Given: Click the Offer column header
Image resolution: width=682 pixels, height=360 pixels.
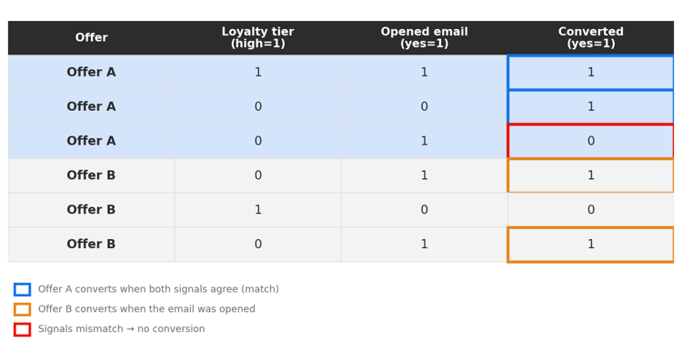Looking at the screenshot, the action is click(91, 37).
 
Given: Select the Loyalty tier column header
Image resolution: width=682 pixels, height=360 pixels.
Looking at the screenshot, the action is click(258, 37).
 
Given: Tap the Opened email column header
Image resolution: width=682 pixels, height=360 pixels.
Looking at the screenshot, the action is click(424, 37).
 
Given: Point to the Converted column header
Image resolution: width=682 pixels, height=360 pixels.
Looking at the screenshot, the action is click(591, 37).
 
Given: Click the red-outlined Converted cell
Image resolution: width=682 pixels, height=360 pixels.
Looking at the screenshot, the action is click(591, 141).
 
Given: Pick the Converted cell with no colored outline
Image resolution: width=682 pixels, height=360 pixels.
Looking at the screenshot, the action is click(591, 210).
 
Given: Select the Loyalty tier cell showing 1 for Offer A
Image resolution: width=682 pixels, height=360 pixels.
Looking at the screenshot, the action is click(258, 72).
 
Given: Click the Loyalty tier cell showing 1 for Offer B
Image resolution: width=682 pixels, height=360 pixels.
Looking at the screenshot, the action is click(258, 210).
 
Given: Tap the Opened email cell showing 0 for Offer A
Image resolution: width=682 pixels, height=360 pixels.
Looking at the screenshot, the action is click(424, 106).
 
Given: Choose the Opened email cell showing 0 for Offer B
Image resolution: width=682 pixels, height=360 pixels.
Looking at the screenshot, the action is click(424, 210).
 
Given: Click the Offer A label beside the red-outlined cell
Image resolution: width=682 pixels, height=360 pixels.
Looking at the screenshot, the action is click(91, 141).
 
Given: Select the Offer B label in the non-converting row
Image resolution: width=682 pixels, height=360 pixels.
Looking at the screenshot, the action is click(91, 210).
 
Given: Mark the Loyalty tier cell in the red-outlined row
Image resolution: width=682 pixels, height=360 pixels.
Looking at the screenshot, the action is click(258, 141).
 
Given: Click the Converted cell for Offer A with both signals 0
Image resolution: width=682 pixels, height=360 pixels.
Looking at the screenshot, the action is click(591, 106).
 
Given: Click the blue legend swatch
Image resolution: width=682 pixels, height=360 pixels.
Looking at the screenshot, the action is click(22, 290).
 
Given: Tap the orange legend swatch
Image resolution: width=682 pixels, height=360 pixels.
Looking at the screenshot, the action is click(22, 310).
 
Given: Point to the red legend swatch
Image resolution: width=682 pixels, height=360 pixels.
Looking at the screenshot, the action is click(22, 330).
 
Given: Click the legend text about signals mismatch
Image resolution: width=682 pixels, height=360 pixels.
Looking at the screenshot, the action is click(121, 329).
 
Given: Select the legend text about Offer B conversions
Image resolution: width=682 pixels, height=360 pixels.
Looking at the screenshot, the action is click(146, 309).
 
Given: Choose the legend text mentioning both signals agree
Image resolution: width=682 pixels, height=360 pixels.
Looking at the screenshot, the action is click(158, 289).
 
